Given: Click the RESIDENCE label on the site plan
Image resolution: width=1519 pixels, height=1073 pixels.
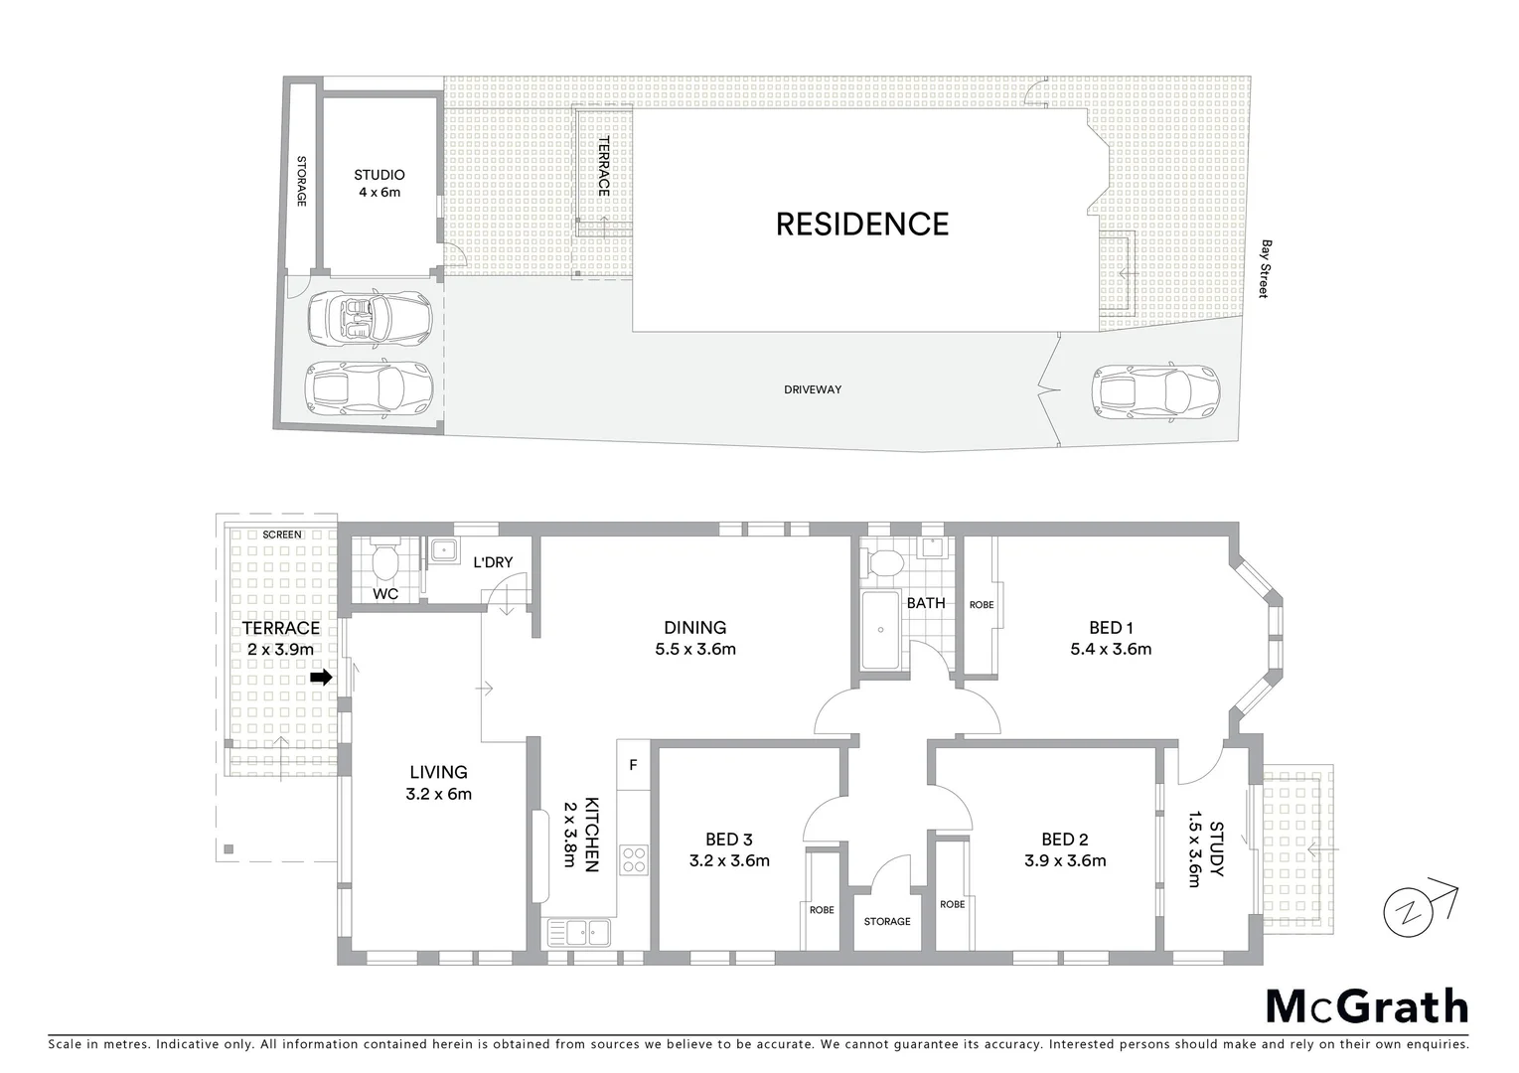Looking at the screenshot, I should pyautogui.click(x=861, y=224).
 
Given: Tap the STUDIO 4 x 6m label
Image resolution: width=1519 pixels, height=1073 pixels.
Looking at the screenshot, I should pyautogui.click(x=380, y=184).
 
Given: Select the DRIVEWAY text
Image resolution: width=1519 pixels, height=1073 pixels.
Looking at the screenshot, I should pyautogui.click(x=812, y=389).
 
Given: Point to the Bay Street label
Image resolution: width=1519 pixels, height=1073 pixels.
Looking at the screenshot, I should pyautogui.click(x=1265, y=268).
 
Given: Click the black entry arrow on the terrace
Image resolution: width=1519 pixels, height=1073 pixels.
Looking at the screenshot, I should pyautogui.click(x=320, y=678).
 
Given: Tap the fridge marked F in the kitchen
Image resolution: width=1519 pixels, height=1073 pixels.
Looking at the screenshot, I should pyautogui.click(x=633, y=765).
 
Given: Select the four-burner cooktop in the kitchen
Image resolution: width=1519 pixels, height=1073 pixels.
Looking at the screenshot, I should pyautogui.click(x=633, y=859).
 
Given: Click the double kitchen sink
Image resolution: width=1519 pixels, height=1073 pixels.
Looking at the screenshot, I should pyautogui.click(x=579, y=933).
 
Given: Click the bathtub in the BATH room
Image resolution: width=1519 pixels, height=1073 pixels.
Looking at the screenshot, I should pyautogui.click(x=879, y=631).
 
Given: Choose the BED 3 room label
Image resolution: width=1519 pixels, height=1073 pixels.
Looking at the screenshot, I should pyautogui.click(x=729, y=849).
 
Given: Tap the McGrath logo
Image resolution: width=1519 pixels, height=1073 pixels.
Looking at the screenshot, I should pyautogui.click(x=1366, y=1006).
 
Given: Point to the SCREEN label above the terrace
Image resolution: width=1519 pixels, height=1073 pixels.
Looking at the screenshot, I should pyautogui.click(x=282, y=535).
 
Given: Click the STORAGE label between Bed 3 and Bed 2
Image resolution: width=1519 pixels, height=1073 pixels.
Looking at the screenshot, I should pyautogui.click(x=886, y=922).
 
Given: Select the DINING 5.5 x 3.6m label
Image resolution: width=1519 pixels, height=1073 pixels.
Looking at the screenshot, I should pyautogui.click(x=695, y=638).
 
